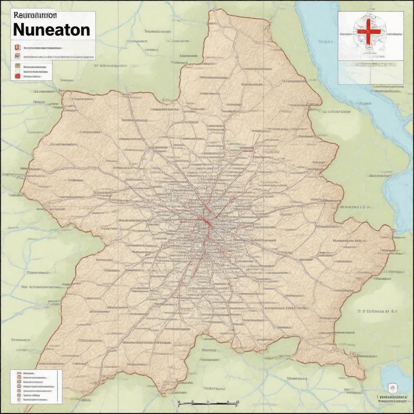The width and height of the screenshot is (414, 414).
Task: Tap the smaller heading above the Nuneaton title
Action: pyautogui.click(x=35, y=15)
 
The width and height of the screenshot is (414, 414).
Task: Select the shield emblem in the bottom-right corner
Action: pyautogui.click(x=391, y=389)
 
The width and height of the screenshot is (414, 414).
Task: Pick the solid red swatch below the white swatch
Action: pyautogui.click(x=17, y=76)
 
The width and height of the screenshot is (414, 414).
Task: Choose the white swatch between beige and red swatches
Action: pyautogui.click(x=17, y=71)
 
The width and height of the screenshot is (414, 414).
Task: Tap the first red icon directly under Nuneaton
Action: pyautogui.click(x=17, y=47)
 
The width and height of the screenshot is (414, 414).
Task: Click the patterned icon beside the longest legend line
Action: pyautogui.click(x=17, y=56)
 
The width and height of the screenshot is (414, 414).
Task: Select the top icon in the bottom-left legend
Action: pyautogui.click(x=19, y=373)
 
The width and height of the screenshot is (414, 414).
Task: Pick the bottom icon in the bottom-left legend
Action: pyautogui.click(x=19, y=399)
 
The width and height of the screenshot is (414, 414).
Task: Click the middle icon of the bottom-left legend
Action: pyautogui.click(x=19, y=386)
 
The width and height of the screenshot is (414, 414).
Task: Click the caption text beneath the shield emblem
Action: pyautogui.click(x=391, y=399)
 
